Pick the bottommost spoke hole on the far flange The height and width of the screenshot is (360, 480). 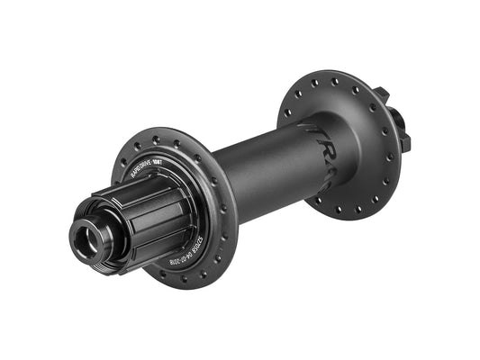(x=338, y=211)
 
